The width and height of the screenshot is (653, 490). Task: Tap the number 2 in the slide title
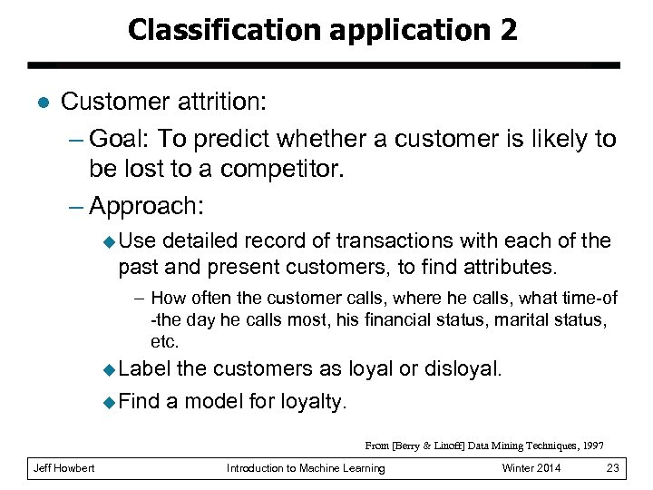507,30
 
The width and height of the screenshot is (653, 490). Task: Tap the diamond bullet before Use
110,241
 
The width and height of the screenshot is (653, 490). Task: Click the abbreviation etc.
165,342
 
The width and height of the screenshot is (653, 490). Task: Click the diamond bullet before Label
110,369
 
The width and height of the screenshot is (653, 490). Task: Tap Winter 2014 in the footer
531,468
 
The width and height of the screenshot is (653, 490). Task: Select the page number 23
611,468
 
